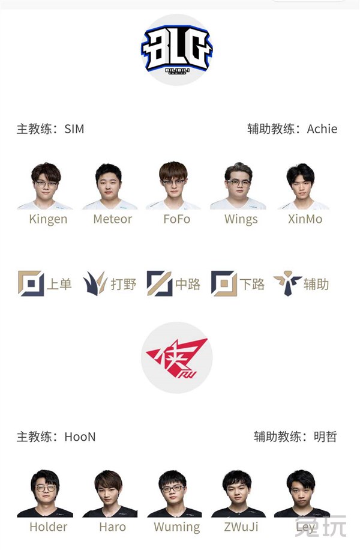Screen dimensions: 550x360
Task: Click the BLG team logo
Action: pos(177,49)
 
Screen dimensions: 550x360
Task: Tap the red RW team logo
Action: pos(177,358)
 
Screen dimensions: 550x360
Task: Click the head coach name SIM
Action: pos(74,129)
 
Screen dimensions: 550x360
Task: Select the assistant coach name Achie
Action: pos(322,129)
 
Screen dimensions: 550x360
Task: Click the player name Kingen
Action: pos(48,219)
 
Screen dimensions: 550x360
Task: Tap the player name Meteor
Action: pos(112,219)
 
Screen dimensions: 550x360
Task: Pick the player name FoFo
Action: pos(177,219)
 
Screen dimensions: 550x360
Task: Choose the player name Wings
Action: pos(241,219)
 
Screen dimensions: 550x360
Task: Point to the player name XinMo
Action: pos(305,219)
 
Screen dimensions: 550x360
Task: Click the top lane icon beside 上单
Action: pos(31,283)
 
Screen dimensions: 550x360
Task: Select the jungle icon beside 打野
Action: pos(95,283)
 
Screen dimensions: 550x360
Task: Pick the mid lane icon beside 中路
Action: pos(160,283)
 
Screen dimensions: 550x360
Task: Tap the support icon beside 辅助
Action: pos(287,283)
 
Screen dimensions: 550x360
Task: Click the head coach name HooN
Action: pos(80,437)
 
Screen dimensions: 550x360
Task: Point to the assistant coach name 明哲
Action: pos(325,437)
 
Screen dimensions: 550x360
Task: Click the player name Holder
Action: pos(48,527)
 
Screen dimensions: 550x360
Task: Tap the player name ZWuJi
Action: pos(241,527)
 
